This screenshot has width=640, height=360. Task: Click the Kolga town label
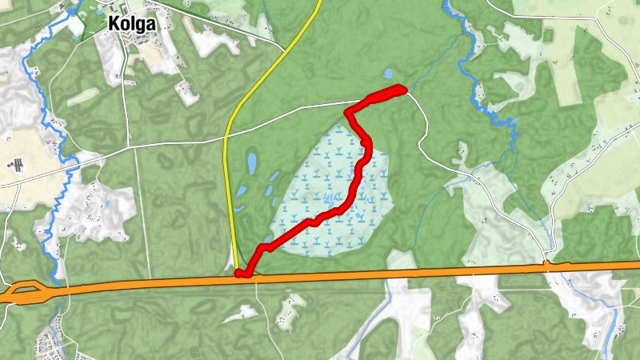pos(131,24)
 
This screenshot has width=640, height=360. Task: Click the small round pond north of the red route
pos(388,73)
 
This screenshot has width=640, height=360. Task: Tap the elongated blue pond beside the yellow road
pos(251,165)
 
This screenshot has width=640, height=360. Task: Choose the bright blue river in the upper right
pos(480,88)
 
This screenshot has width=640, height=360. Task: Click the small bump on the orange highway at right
pos(547,263)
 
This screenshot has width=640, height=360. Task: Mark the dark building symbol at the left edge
pos(12,165)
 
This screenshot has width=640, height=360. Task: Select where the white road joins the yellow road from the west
pos(226,138)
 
